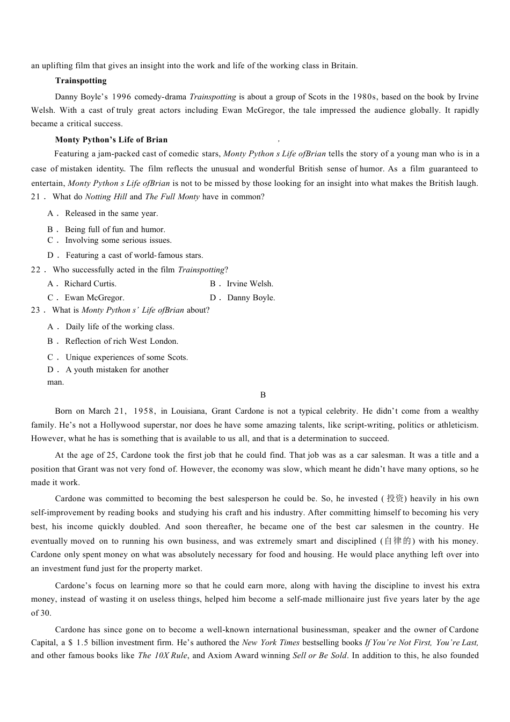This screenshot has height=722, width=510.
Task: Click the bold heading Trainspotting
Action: [x=81, y=81]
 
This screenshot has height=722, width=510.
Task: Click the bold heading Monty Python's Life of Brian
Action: [x=111, y=140]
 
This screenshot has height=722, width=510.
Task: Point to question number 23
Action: [x=37, y=310]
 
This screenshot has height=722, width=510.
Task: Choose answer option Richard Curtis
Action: [x=90, y=284]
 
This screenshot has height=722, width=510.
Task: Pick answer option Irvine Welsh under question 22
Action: [x=250, y=284]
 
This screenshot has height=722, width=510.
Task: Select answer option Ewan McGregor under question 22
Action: [x=94, y=298]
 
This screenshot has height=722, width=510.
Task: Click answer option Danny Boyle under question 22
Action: [x=251, y=298]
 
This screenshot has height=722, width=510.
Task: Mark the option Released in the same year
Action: [x=111, y=213]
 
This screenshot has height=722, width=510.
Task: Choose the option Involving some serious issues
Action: [x=118, y=240]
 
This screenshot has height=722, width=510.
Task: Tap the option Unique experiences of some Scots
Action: [x=126, y=357]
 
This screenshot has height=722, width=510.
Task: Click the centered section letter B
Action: [x=263, y=395]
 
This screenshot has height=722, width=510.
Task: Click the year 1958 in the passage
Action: [x=143, y=411]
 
